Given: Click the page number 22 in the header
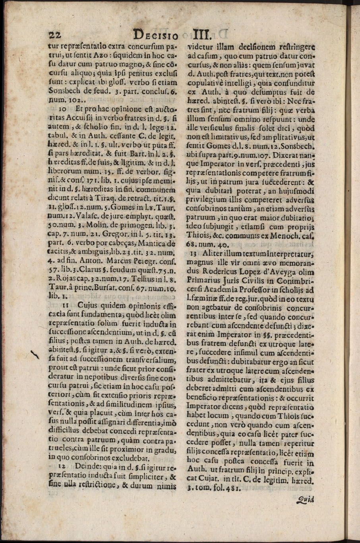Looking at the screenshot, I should click(x=53, y=35).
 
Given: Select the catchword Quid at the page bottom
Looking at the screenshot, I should click(x=305, y=501).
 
